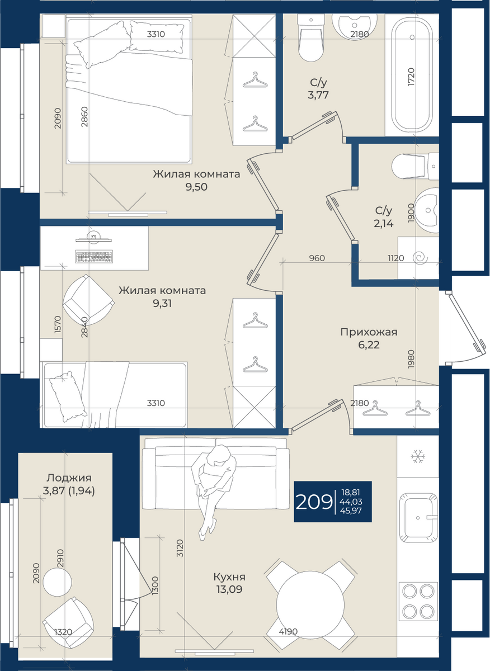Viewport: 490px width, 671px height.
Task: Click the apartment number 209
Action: click(x=314, y=502)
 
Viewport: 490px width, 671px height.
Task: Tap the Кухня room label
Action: click(x=229, y=577)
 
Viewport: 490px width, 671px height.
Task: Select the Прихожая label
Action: click(x=369, y=332)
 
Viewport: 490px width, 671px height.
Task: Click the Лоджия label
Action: click(x=69, y=478)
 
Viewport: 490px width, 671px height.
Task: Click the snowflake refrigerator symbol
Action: click(x=418, y=456)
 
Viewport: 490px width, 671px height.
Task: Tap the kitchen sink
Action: click(x=418, y=517)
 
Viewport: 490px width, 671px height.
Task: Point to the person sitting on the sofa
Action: click(x=213, y=492)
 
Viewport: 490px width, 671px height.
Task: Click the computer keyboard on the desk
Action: click(x=94, y=257)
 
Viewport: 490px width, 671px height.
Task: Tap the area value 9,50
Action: click(x=196, y=187)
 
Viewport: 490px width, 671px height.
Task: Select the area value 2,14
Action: click(x=384, y=224)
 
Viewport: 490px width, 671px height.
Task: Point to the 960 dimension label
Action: click(x=317, y=258)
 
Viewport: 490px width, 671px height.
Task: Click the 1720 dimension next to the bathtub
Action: click(x=411, y=77)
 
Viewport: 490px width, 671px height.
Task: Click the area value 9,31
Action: click(x=162, y=304)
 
